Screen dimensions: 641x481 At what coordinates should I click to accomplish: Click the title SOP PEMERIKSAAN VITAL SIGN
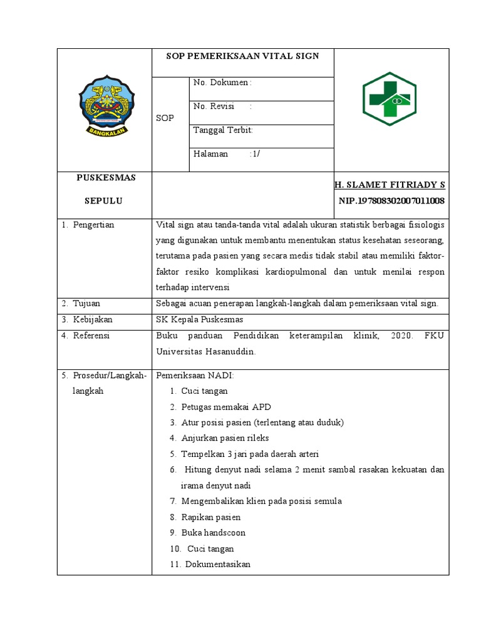(x=242, y=56)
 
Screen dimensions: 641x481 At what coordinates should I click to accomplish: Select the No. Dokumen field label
(x=222, y=83)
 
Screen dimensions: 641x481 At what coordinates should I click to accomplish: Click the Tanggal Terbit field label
(x=223, y=130)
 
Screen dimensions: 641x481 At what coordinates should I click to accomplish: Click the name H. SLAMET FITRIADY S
(x=390, y=185)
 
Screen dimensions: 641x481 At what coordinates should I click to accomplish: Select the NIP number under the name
(x=391, y=201)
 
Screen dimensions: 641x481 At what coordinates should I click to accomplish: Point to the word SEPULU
(x=104, y=201)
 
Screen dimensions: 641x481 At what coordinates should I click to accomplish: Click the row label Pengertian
(x=93, y=225)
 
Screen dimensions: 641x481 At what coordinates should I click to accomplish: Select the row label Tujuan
(x=86, y=304)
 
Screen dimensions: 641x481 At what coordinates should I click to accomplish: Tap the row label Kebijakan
(x=91, y=320)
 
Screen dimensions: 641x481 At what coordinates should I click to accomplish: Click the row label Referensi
(x=91, y=336)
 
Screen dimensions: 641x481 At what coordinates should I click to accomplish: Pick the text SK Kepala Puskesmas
(x=199, y=320)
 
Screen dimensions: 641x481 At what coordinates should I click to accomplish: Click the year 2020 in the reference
(x=400, y=336)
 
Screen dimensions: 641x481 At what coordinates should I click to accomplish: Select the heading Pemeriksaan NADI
(x=194, y=376)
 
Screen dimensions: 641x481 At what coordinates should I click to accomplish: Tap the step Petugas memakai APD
(x=226, y=406)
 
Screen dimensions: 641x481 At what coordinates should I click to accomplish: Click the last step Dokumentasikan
(x=215, y=564)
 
